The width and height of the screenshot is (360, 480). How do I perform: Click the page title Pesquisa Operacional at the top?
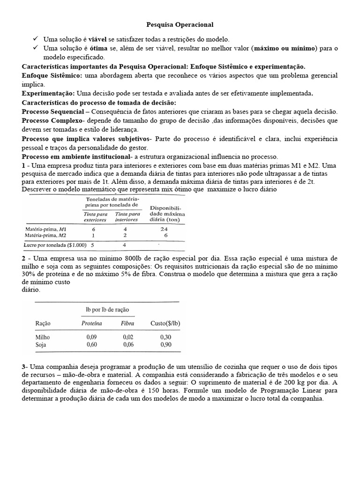click(180, 23)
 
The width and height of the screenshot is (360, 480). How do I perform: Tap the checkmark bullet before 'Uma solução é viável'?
click(36, 39)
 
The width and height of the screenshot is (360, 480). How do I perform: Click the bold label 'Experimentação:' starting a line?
click(48, 93)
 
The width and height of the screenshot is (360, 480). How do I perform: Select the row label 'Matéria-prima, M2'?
click(45, 235)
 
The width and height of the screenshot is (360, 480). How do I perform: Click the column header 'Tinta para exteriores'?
click(96, 217)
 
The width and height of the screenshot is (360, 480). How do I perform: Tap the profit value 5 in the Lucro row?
click(93, 244)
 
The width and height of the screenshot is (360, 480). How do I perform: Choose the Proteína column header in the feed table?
click(92, 323)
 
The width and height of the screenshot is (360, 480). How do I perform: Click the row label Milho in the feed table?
click(44, 337)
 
